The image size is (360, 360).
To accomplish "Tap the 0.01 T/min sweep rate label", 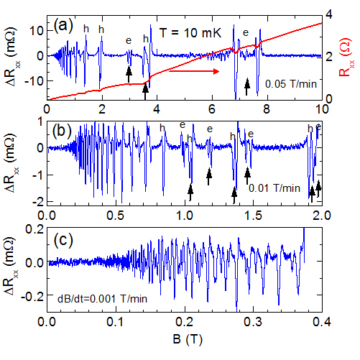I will point(272,188).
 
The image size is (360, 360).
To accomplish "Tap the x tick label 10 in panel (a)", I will point(320,109).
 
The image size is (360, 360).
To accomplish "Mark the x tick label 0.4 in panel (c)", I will point(320,320).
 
